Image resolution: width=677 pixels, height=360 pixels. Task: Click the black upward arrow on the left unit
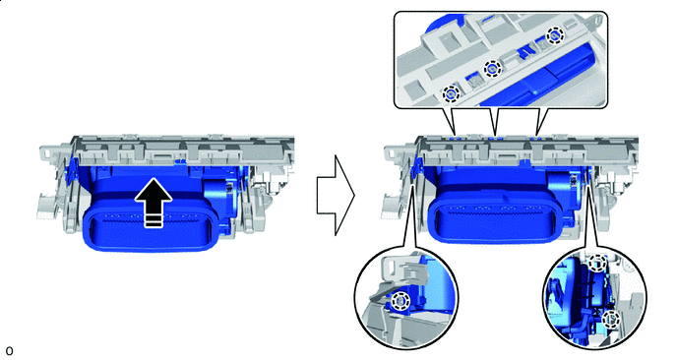point(154,202)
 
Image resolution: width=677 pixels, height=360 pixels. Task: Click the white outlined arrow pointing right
point(336,196)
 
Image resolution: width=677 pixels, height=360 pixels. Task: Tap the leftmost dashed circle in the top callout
point(451,93)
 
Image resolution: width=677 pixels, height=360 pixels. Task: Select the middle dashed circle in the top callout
point(493,68)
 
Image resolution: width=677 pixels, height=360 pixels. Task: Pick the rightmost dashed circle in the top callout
point(554,35)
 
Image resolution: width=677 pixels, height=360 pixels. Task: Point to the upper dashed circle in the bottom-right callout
point(597,263)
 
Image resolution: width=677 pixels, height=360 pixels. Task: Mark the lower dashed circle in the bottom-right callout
point(611,319)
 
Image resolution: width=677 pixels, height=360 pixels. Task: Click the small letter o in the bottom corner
point(9,350)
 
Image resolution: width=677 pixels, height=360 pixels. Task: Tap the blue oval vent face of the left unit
point(148,225)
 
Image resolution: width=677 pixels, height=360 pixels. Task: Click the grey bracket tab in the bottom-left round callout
point(403,269)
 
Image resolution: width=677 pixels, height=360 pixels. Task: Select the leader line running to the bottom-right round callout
point(593,213)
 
